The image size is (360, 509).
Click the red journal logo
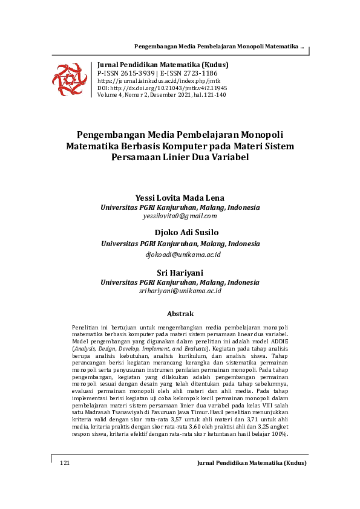coord(70,77)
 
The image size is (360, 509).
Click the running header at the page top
coord(218,47)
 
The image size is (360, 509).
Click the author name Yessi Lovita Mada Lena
coord(180,198)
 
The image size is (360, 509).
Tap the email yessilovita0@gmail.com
coord(180,216)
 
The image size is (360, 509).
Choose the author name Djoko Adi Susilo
coord(180,233)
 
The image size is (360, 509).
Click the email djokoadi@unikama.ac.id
coord(180,254)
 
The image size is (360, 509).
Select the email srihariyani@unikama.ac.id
coord(180,291)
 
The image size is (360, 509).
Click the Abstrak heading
coord(180,314)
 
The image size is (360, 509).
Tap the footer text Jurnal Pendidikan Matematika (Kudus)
coord(252,462)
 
